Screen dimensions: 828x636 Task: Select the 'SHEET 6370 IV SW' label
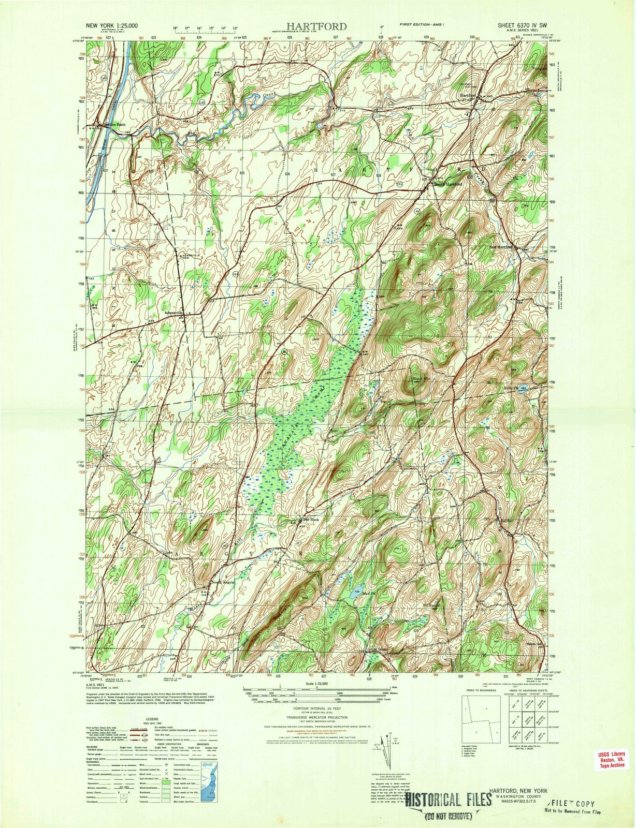518,25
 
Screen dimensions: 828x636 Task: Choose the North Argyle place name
224,583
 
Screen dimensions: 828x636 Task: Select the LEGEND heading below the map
152,719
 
